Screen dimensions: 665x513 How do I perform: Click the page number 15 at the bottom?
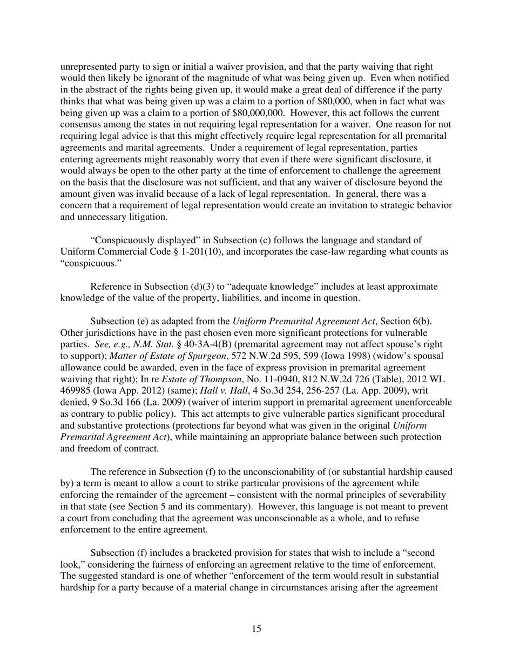[256, 629]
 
